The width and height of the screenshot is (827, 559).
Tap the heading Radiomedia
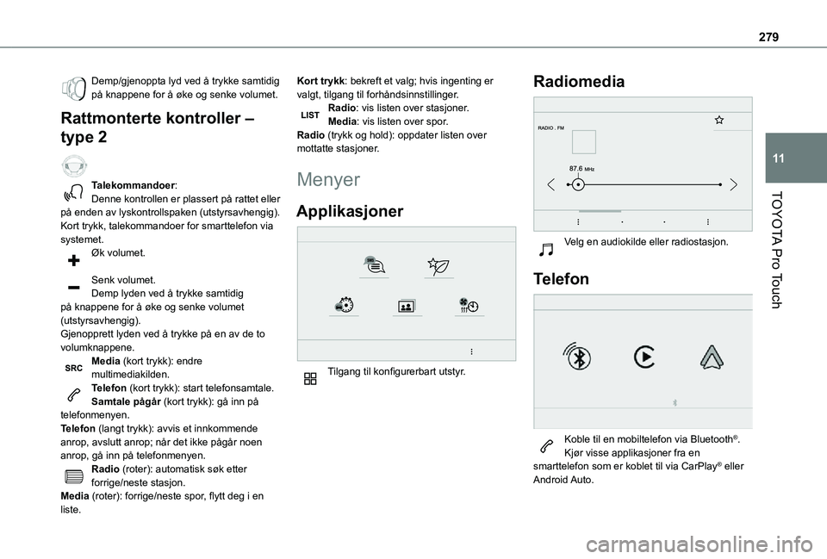point(579,82)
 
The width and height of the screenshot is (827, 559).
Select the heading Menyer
point(327,180)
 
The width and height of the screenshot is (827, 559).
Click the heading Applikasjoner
point(350,211)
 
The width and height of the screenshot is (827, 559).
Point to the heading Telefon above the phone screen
point(563,279)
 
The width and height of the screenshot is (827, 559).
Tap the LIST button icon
point(310,115)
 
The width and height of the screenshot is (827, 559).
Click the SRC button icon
point(73,368)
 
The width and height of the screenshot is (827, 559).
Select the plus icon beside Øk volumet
point(73,258)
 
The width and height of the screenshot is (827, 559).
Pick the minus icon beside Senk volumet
point(73,286)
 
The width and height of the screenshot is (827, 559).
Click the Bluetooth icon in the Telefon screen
point(576,357)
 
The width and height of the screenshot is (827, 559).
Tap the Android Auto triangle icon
point(711,357)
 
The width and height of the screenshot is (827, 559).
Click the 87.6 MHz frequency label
point(581,169)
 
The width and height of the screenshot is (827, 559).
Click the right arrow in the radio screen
point(732,184)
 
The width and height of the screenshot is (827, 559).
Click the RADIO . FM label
point(551,128)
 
